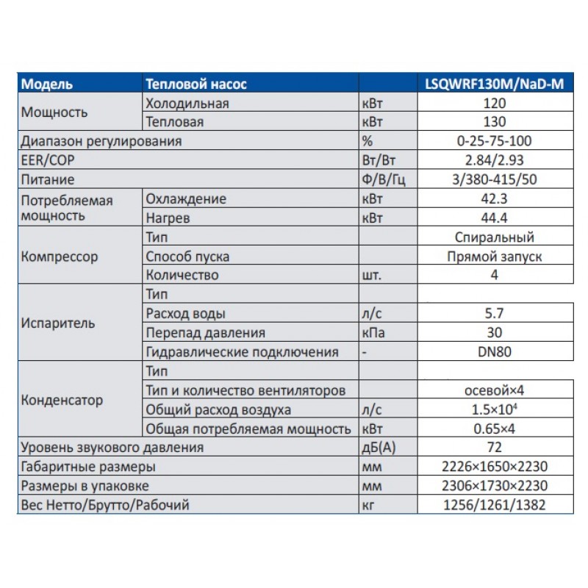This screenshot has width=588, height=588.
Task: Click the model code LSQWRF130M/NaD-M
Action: [x=494, y=85]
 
